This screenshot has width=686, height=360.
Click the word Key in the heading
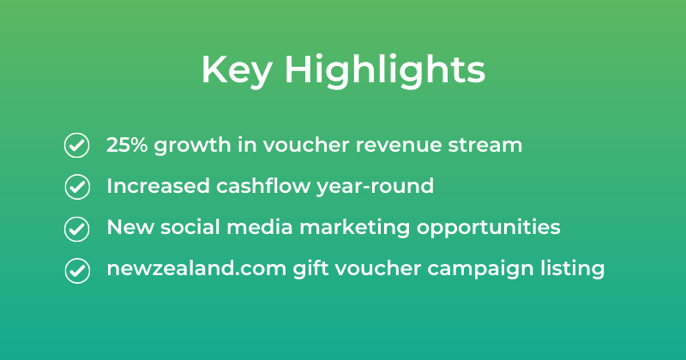click(x=237, y=71)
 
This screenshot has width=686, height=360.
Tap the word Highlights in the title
click(x=385, y=70)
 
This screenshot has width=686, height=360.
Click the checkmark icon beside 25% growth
click(x=77, y=145)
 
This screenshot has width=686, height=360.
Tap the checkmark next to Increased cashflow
click(x=77, y=187)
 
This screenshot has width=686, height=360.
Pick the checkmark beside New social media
click(x=77, y=229)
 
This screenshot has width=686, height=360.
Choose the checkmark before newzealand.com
click(x=77, y=270)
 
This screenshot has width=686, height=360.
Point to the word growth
click(x=192, y=146)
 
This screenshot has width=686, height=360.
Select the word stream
click(x=484, y=145)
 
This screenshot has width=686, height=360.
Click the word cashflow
click(x=263, y=186)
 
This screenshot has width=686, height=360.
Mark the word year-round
click(x=375, y=187)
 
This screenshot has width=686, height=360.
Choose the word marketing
click(x=354, y=228)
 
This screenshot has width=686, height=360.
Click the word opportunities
click(x=488, y=228)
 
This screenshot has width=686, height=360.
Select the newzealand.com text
click(x=196, y=268)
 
